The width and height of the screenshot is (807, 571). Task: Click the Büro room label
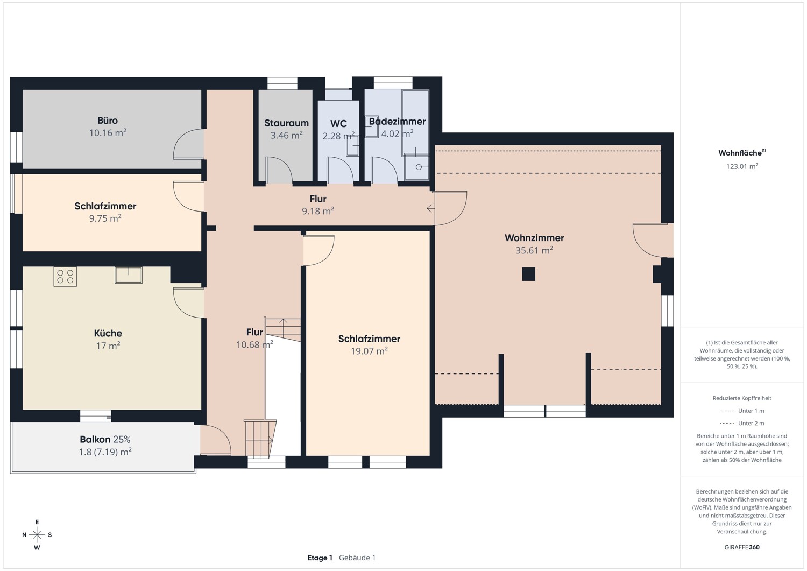tap(108, 121)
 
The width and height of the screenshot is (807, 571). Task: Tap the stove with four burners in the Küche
tap(65, 277)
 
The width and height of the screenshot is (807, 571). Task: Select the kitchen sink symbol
tap(129, 274)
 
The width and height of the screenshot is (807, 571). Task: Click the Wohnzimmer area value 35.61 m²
tap(534, 250)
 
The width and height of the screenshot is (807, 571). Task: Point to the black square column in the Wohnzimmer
tap(528, 274)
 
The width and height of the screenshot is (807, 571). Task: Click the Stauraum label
tap(286, 123)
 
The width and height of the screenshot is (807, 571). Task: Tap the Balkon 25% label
tap(105, 439)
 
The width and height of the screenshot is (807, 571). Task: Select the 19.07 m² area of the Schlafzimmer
tap(369, 351)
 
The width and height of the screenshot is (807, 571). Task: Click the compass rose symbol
tap(37, 534)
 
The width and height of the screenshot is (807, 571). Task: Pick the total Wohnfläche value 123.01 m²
tap(742, 166)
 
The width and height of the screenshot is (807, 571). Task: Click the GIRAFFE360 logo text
tap(742, 547)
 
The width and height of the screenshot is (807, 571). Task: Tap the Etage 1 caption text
tap(320, 558)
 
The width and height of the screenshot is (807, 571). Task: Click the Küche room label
tap(108, 333)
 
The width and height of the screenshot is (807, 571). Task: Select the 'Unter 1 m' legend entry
tap(742, 411)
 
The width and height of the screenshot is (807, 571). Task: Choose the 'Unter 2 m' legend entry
tap(742, 424)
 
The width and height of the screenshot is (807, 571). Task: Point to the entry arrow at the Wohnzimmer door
tap(430, 208)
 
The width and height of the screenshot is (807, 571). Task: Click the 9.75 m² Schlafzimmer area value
tap(105, 218)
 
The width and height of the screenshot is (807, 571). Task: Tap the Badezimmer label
tap(397, 122)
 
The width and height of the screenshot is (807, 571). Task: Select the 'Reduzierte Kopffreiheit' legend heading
tap(742, 398)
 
